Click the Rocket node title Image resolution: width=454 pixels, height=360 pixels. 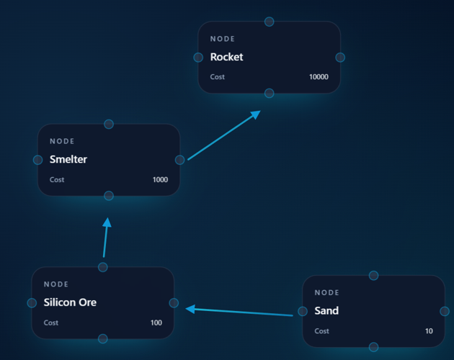(226, 57)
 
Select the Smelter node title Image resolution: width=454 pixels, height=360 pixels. (68, 159)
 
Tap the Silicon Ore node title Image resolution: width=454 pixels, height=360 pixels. (70, 302)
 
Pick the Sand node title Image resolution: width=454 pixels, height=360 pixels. (326, 311)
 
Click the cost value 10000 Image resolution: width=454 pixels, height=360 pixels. (319, 77)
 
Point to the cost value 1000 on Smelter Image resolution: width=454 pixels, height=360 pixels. (160, 180)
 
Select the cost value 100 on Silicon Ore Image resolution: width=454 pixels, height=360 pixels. (156, 323)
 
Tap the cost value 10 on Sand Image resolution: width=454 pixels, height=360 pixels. (429, 331)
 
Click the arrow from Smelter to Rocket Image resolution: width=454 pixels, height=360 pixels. (224, 135)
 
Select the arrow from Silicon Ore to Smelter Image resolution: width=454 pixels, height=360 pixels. (106, 238)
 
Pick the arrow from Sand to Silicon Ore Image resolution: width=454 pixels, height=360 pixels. (239, 312)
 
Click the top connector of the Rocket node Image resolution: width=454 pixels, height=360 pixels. (270, 22)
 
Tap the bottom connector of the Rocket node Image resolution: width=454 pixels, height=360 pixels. (270, 93)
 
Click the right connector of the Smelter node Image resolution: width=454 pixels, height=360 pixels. (180, 160)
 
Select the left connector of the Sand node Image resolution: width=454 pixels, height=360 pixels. (303, 311)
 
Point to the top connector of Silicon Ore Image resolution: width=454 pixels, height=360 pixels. (103, 267)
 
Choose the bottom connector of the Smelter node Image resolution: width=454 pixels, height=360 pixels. (109, 196)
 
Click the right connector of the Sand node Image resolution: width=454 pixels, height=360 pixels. (445, 311)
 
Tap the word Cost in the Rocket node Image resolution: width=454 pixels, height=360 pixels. (218, 77)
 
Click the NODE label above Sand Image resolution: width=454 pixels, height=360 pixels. (326, 292)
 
